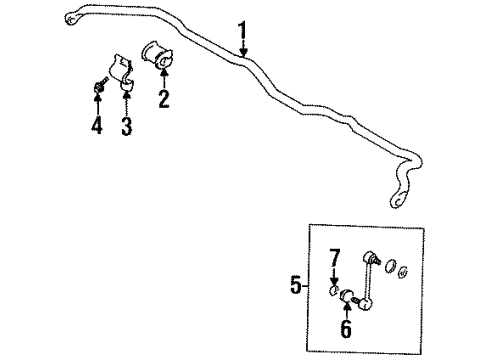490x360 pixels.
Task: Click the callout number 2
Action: [x=162, y=98]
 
